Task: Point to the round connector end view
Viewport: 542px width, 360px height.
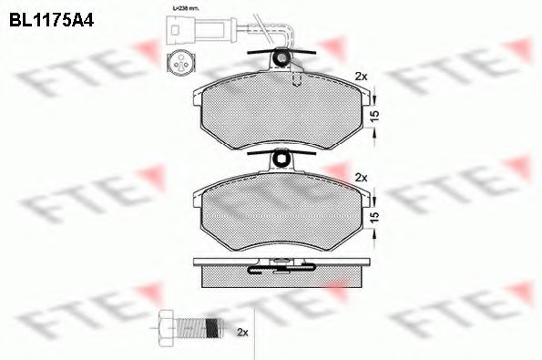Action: coord(179,62)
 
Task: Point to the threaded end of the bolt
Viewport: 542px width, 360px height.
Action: coord(211,325)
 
